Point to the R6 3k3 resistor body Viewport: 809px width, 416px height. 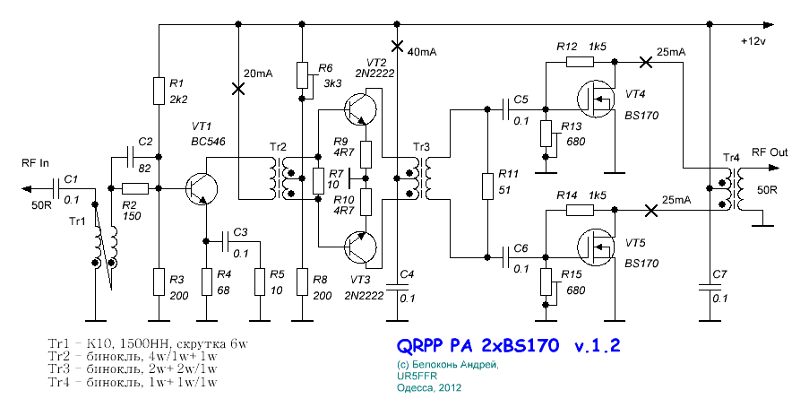[303, 75]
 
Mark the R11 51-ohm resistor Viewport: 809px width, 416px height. [487, 186]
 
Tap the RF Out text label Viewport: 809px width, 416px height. [770, 152]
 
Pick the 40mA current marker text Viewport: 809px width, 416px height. [422, 52]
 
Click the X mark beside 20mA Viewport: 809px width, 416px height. [237, 88]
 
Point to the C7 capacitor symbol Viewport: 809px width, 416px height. [710, 289]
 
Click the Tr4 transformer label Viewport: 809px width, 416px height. [732, 159]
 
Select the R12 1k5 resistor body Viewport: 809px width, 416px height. [580, 63]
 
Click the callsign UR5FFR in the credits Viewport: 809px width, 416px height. [414, 377]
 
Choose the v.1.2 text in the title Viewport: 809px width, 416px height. [590, 345]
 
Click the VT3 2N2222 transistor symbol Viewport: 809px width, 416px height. [359, 245]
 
